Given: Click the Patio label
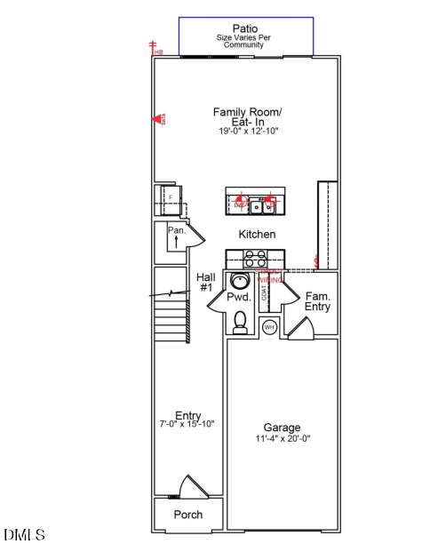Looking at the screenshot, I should click(x=245, y=29).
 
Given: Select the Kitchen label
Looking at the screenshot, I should click(x=257, y=234).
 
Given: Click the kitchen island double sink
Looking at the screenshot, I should click(x=260, y=206).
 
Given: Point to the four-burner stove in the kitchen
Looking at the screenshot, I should click(x=256, y=259).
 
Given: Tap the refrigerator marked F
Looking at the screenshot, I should click(x=165, y=199).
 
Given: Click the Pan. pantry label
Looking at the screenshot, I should click(x=176, y=230).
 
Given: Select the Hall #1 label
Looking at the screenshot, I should click(x=205, y=282).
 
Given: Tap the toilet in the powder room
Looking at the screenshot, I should click(x=240, y=324).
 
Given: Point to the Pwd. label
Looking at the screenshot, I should click(x=238, y=299).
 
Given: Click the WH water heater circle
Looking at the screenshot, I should click(x=270, y=327).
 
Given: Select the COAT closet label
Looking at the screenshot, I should click(x=264, y=291).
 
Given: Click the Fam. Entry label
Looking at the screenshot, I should click(x=317, y=301).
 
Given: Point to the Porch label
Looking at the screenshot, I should click(x=187, y=515).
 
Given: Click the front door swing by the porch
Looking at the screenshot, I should click(x=193, y=487).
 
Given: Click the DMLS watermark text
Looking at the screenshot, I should click(x=24, y=535).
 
